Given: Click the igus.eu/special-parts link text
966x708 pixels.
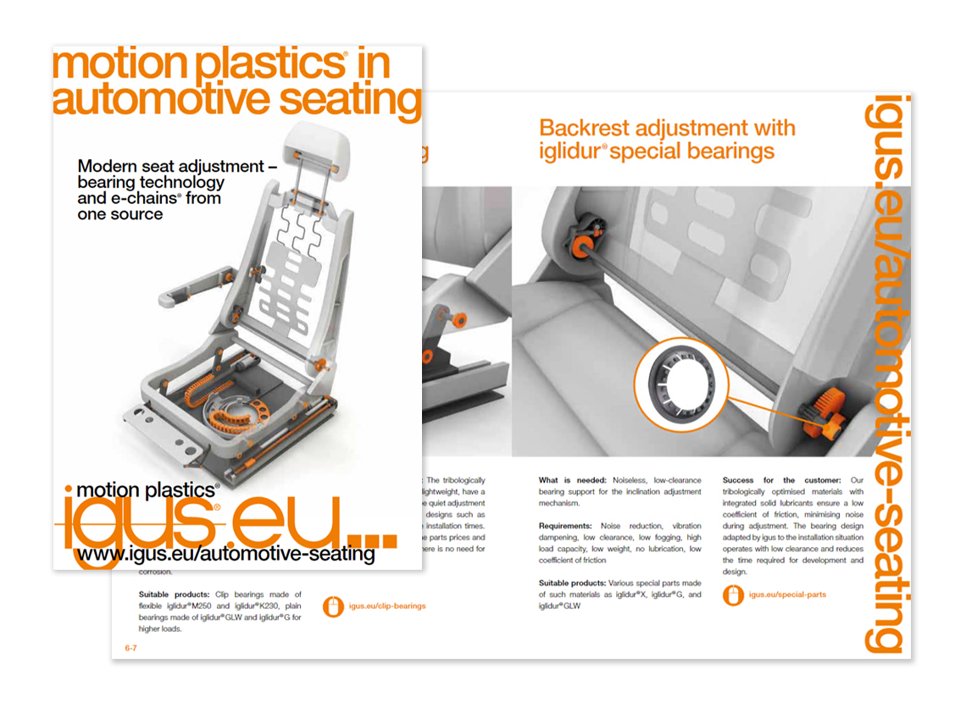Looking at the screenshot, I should [x=787, y=595].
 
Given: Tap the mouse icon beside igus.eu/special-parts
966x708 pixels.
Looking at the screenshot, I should [x=733, y=595].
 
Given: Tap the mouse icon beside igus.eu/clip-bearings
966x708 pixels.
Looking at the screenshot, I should [x=335, y=606].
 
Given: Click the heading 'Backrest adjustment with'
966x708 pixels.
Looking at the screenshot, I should [x=667, y=128].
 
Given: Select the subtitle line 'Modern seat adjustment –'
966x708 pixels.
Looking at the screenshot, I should [x=177, y=167].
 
